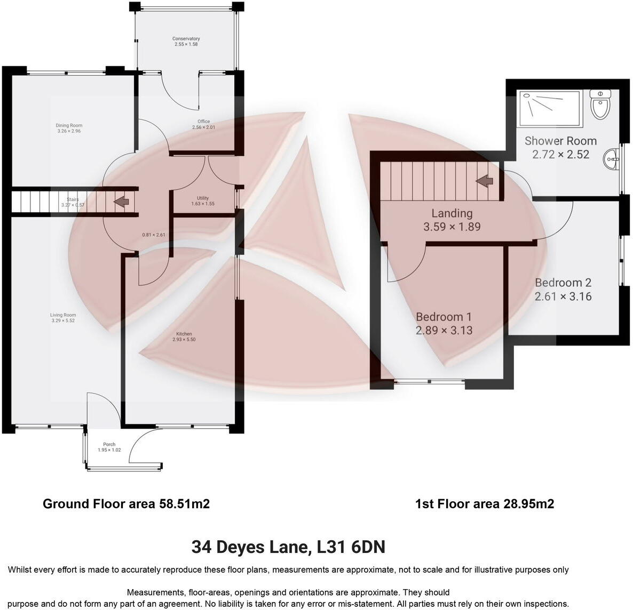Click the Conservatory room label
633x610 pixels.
pos(186,39)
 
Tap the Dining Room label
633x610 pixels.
pos(69,126)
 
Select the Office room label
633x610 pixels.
pos(203,122)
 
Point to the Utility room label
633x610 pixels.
pos(203,198)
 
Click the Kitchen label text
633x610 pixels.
pos(184,334)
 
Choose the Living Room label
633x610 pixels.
pos(63,315)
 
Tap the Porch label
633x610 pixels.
pos(109,444)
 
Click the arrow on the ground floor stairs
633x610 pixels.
pos(122,202)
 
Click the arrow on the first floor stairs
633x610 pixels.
pos(485,181)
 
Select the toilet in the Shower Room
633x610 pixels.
pos(600,106)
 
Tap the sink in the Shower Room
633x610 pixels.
pos(612,158)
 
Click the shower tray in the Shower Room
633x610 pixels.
pos(549,109)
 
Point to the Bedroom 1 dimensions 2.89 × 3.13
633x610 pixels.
pos(444,331)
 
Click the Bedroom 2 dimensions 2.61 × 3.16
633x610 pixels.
pos(563,296)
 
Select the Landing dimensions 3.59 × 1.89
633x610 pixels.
pos(452,227)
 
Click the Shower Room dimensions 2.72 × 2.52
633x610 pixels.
pos(560,155)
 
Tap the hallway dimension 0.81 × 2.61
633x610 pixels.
pos(154,235)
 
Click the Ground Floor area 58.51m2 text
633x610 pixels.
pos(126,504)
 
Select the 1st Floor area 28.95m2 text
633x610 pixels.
pos(484,504)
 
